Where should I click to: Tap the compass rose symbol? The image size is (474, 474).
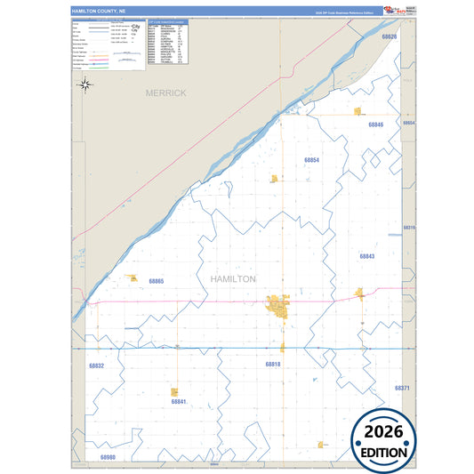[85, 84]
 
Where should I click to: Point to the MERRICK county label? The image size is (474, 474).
[166, 92]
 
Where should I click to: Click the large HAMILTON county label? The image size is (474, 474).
[233, 278]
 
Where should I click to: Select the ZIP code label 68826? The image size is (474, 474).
[389, 37]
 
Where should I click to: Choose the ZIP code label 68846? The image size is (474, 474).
[375, 125]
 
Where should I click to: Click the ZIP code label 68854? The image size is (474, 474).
[311, 160]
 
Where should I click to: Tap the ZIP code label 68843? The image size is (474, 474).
[367, 256]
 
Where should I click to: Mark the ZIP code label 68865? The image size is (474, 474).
[157, 281]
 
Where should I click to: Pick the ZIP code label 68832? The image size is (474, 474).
[96, 366]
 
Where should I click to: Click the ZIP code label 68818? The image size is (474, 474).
[272, 365]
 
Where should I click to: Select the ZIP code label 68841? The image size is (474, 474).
[178, 402]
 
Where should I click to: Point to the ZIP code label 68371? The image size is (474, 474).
[403, 389]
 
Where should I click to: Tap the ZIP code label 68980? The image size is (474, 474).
[108, 456]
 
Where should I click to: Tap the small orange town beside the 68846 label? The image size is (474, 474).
[358, 112]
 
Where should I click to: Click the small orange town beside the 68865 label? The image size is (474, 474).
[133, 278]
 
